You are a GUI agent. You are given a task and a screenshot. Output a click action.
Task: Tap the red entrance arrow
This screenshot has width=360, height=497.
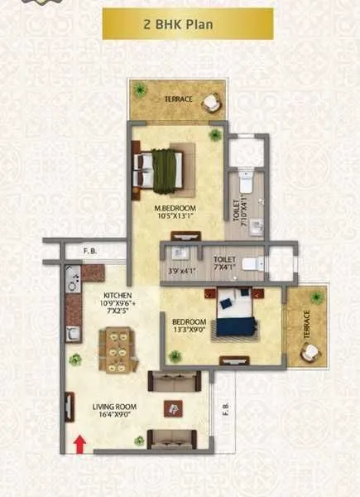[x=80, y=444]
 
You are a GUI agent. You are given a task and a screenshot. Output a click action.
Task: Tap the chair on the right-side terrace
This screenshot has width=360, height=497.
[x=310, y=352]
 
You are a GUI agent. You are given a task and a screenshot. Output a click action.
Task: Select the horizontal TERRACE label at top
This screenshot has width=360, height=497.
[x=178, y=99]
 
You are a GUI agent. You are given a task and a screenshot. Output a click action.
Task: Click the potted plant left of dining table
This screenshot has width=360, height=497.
[x=75, y=359]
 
